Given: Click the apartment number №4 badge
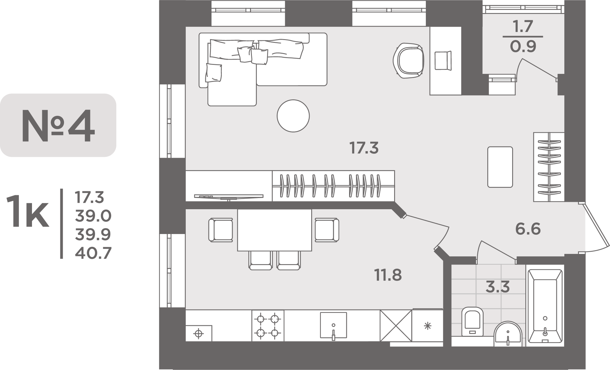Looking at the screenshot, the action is (x=58, y=125).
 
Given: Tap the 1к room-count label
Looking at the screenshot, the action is (x=28, y=211).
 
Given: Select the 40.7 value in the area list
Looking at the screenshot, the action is (x=93, y=253).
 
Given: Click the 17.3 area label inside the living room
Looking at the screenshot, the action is (x=364, y=148).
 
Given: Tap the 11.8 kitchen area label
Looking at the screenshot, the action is (x=389, y=275).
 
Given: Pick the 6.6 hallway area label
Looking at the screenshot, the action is (x=528, y=229).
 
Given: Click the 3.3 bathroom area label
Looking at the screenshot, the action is (x=498, y=287).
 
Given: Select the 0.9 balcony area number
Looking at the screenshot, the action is (x=523, y=47).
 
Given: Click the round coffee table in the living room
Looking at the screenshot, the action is (x=293, y=116).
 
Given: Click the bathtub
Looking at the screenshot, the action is (x=545, y=305).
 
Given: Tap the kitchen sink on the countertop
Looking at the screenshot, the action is (x=334, y=326).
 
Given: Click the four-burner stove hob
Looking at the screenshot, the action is (x=268, y=326).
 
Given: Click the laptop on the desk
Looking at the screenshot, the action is (x=443, y=61).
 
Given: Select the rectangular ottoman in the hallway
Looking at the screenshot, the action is (x=500, y=167).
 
